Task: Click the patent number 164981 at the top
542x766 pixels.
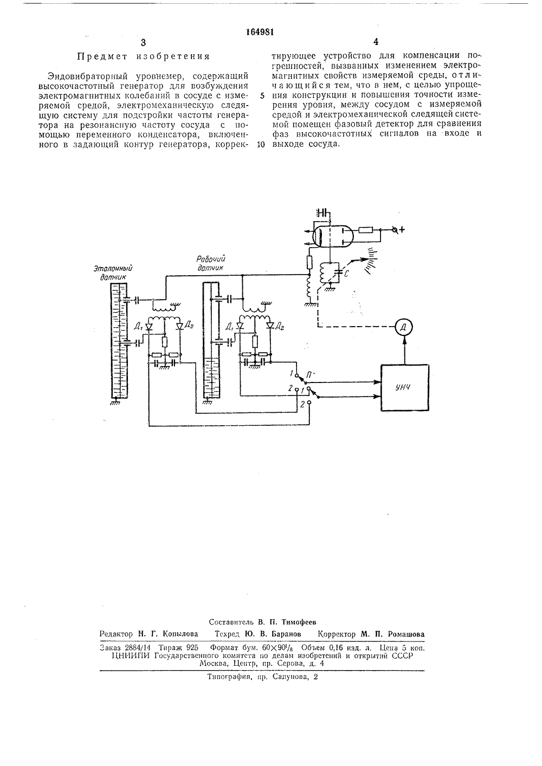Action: pyautogui.click(x=260, y=32)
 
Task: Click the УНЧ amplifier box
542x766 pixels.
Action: pyautogui.click(x=405, y=387)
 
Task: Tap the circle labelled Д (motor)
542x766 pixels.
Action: pyautogui.click(x=403, y=327)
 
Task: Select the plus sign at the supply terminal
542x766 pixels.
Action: pyautogui.click(x=402, y=230)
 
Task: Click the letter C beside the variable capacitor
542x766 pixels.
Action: pyautogui.click(x=346, y=274)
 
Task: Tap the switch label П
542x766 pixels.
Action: pyautogui.click(x=309, y=375)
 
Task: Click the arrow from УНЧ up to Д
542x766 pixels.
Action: pyautogui.click(x=404, y=350)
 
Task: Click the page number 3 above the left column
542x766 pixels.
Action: pyautogui.click(x=143, y=42)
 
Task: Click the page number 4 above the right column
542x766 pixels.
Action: pyautogui.click(x=376, y=42)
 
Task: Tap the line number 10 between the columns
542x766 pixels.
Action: pyautogui.click(x=261, y=144)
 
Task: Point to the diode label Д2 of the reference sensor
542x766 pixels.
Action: pyautogui.click(x=189, y=325)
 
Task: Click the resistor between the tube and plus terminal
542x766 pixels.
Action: pyautogui.click(x=365, y=230)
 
